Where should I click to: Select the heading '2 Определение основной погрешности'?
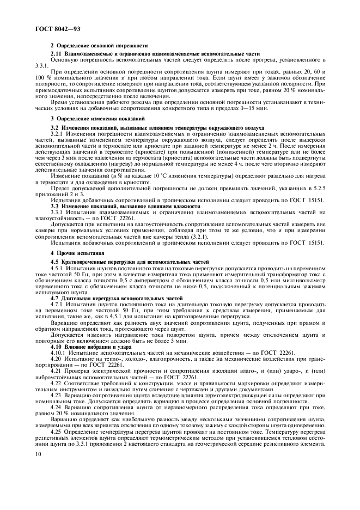click(99, 46)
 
